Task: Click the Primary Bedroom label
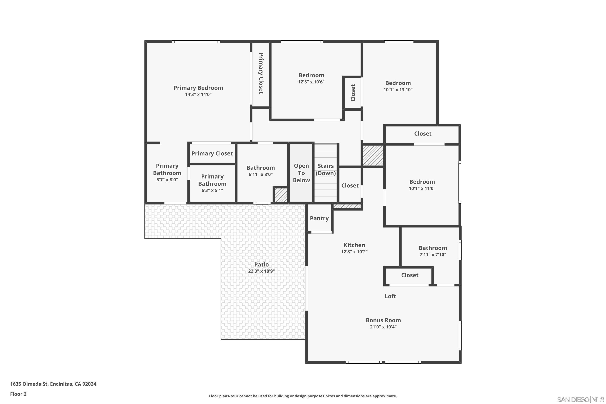click(198, 88)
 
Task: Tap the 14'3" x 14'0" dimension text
click(198, 95)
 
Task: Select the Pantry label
click(319, 219)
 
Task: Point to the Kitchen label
click(354, 245)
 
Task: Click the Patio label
click(262, 264)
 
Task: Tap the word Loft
click(390, 296)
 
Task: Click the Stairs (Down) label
click(326, 169)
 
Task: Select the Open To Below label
click(301, 173)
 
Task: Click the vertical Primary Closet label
click(261, 74)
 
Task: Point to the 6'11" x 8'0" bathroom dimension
click(261, 175)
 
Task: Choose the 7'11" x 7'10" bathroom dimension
click(433, 255)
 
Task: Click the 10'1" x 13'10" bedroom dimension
click(398, 90)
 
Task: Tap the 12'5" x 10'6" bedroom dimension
click(311, 82)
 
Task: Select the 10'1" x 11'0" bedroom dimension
click(422, 188)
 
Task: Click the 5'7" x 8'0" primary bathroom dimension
click(167, 180)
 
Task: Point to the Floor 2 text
click(18, 394)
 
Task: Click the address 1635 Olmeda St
click(29, 384)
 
